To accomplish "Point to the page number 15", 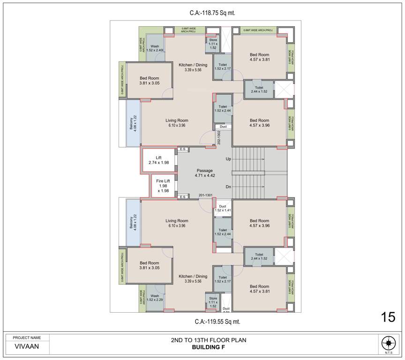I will (x=388, y=317).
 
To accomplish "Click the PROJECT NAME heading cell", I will (x=27, y=337).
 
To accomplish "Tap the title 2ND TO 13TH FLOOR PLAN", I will (x=209, y=340).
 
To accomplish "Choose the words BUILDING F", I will (x=209, y=348).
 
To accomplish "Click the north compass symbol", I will (x=388, y=342).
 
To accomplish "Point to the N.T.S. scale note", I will (x=388, y=352).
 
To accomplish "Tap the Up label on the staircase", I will (x=228, y=159).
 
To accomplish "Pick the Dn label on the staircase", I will (x=228, y=187).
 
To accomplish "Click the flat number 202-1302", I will (x=219, y=137).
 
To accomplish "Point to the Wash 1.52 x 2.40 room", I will (x=155, y=48).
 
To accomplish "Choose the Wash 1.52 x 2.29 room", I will (x=154, y=298).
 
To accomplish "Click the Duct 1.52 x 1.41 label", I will (x=223, y=209).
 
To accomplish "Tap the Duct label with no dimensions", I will (x=223, y=127).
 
